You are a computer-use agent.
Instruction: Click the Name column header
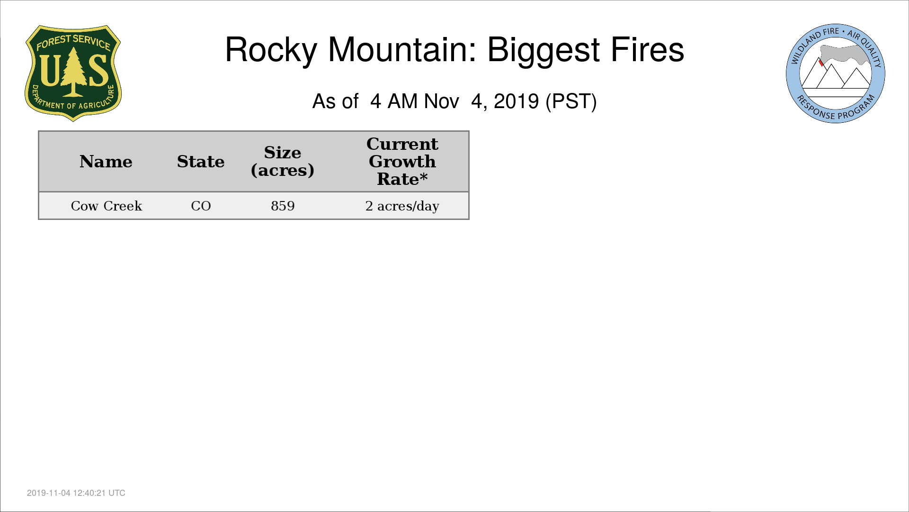[106, 162]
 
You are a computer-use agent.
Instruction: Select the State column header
[201, 162]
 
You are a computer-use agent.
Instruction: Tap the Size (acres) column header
[283, 161]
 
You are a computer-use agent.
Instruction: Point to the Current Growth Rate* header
[402, 161]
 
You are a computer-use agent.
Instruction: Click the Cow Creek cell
[107, 206]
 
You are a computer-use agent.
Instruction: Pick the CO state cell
[201, 206]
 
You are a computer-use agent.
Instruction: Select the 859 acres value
[283, 206]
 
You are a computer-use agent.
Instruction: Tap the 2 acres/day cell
[402, 206]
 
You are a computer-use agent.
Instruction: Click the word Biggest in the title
[544, 50]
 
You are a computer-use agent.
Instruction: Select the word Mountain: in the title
[402, 49]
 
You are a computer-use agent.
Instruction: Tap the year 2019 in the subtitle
[516, 101]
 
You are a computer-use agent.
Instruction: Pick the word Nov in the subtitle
[441, 101]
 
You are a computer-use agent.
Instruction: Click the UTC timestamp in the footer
[76, 493]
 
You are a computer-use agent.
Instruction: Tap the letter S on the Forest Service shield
[98, 70]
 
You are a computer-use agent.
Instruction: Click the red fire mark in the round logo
[821, 63]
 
